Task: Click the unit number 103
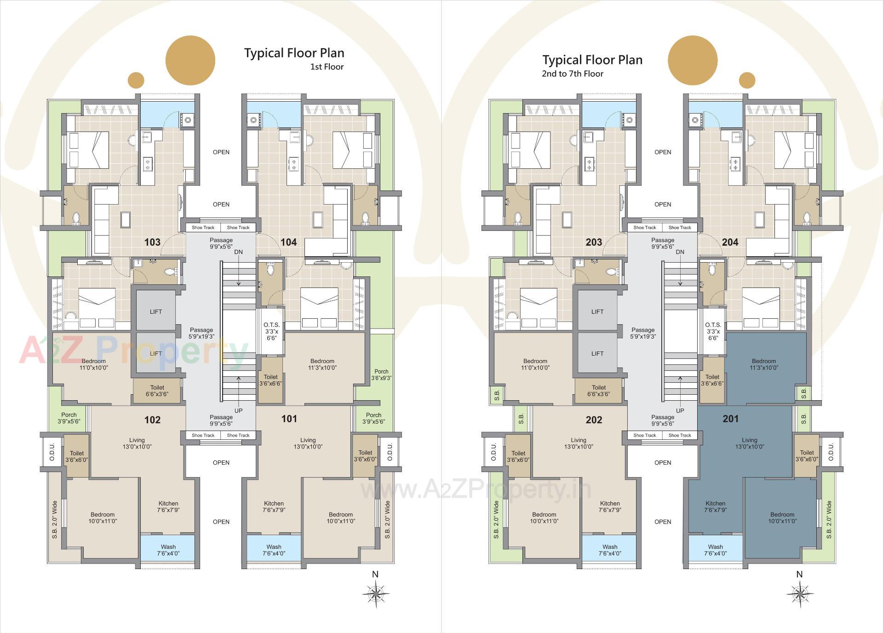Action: click(152, 242)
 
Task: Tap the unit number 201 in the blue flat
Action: click(730, 419)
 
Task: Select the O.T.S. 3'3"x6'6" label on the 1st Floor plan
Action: click(271, 331)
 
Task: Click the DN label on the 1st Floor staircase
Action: click(238, 252)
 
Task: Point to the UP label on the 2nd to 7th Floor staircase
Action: click(680, 410)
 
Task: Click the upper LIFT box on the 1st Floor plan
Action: click(156, 311)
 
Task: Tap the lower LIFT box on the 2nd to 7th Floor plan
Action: click(597, 353)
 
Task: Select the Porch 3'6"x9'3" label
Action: click(381, 374)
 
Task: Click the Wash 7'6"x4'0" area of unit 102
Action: click(168, 550)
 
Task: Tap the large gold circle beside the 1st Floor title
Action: click(190, 61)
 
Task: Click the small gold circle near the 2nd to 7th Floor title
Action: click(747, 80)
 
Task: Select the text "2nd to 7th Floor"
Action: click(572, 74)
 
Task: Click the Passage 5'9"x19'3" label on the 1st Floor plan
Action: click(201, 333)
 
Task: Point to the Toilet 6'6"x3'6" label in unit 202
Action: click(598, 391)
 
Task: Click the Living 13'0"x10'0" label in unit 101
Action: click(308, 443)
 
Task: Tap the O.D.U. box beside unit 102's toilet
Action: click(52, 452)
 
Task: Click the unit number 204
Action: click(730, 242)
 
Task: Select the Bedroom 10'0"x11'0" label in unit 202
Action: click(544, 518)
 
